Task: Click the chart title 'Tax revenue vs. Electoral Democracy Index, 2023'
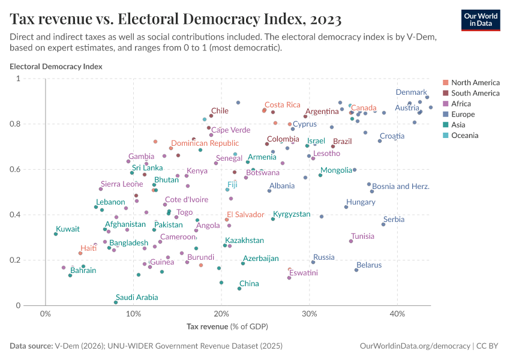click(x=176, y=19)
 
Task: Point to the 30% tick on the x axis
click(x=309, y=314)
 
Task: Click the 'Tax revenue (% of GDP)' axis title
click(x=227, y=326)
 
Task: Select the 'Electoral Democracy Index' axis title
click(x=56, y=67)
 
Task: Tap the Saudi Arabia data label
click(x=137, y=297)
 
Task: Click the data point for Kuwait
click(x=56, y=234)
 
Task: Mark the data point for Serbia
click(x=383, y=224)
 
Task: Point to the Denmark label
click(x=411, y=92)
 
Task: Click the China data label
click(x=249, y=283)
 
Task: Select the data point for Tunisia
click(x=351, y=241)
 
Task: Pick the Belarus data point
click(x=356, y=270)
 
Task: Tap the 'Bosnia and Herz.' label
click(x=401, y=187)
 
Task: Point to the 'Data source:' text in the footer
click(x=31, y=346)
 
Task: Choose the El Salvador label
click(x=245, y=214)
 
